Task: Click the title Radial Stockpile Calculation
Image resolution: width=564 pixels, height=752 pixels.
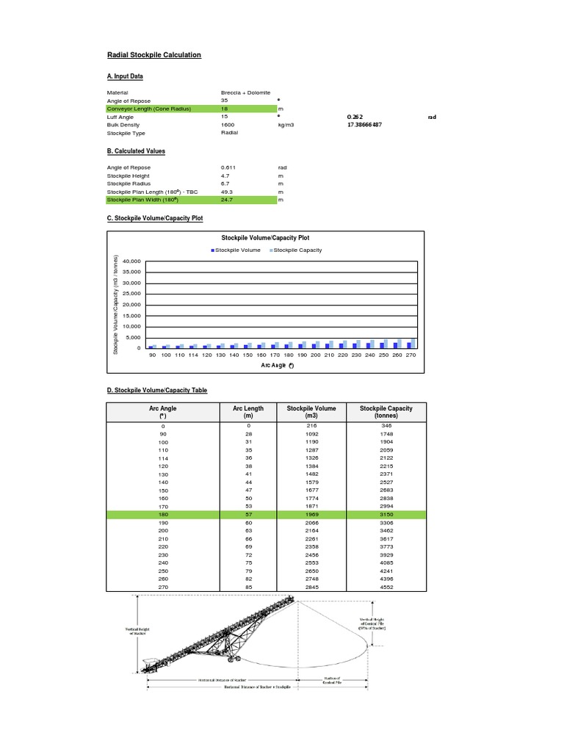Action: [154, 55]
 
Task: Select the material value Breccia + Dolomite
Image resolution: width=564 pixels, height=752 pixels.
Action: [245, 93]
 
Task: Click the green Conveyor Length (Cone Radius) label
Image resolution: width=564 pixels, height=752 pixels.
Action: [149, 109]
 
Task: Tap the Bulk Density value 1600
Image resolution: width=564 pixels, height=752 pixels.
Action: [227, 125]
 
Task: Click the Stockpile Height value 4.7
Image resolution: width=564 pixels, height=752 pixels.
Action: [225, 176]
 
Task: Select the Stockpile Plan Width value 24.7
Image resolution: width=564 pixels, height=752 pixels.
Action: [227, 200]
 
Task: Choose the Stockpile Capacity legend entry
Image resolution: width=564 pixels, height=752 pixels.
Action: [297, 250]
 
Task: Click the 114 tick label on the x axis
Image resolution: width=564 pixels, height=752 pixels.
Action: [193, 355]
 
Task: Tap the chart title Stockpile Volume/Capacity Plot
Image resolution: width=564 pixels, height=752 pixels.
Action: [265, 237]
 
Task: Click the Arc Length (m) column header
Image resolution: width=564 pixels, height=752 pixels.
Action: [248, 412]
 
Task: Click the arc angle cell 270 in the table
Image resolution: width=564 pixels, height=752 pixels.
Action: [163, 587]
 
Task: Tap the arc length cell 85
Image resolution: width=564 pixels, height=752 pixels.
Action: [248, 587]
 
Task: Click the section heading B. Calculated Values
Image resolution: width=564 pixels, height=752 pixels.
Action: [136, 151]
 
